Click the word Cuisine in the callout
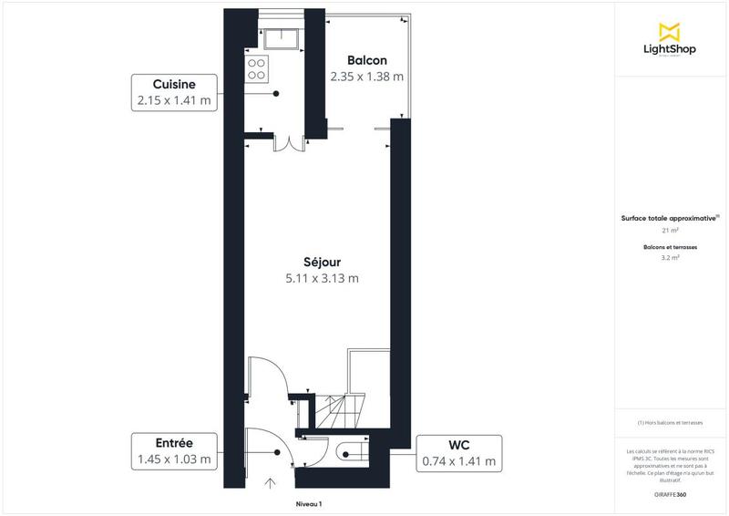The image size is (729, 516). (x=174, y=83)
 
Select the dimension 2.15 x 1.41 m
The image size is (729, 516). (x=174, y=100)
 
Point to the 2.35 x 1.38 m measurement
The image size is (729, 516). (x=366, y=77)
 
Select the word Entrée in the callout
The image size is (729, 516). (x=174, y=442)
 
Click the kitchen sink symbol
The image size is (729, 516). (x=283, y=37)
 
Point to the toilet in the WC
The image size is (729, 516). (x=349, y=451)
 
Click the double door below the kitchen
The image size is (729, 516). (x=289, y=143)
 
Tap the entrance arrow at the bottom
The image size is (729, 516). (x=270, y=482)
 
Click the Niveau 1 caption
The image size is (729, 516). (x=309, y=503)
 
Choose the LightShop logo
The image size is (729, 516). (x=671, y=41)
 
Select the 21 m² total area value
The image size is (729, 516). (x=671, y=232)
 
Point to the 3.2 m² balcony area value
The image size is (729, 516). (x=671, y=258)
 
